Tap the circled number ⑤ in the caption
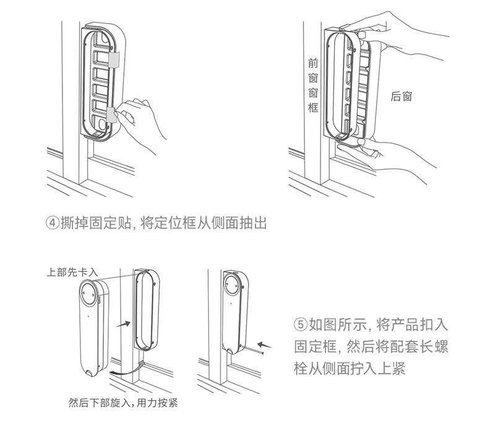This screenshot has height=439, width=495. (x=299, y=324)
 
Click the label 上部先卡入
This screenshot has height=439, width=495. (x=72, y=271)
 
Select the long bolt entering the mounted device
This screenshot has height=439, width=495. (x=247, y=353)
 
